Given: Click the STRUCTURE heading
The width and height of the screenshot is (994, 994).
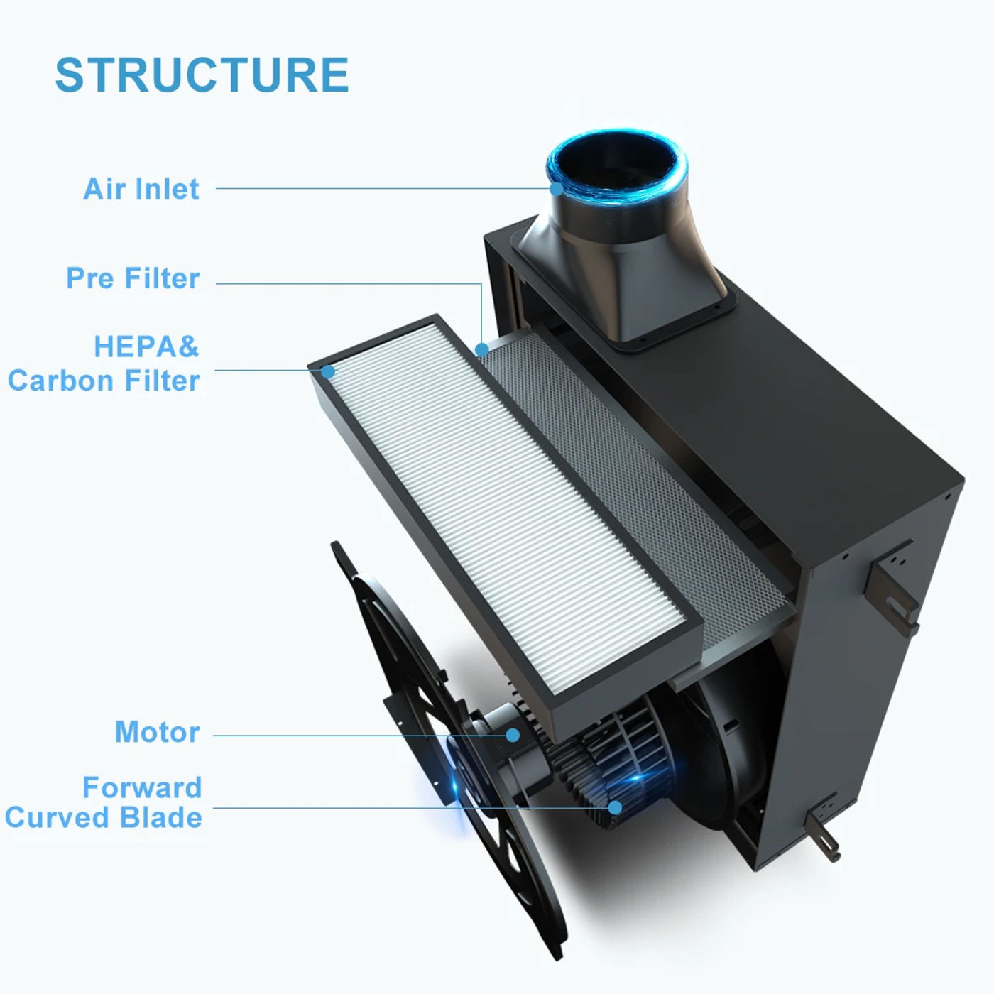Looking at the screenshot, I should [x=202, y=75].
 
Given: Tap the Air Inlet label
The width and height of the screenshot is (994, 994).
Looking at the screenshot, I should [x=141, y=189].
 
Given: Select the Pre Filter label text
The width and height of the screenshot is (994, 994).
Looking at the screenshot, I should [x=133, y=278].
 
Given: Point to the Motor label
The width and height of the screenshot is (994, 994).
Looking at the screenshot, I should [x=157, y=732].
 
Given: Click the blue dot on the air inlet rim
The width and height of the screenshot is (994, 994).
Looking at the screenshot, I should [x=557, y=189].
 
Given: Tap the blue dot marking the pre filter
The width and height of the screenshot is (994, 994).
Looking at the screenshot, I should [x=482, y=349].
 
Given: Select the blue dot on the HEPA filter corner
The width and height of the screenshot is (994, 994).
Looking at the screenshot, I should [x=328, y=371].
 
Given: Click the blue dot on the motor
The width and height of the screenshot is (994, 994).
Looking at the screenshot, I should [x=512, y=736].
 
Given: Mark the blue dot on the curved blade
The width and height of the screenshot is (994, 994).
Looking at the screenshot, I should [x=615, y=807].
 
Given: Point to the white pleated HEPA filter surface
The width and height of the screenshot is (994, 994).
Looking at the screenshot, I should [x=497, y=497].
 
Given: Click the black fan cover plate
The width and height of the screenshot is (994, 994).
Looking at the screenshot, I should [x=398, y=639].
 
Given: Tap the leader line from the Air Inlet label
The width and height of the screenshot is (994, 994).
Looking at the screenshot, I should [x=383, y=189].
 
